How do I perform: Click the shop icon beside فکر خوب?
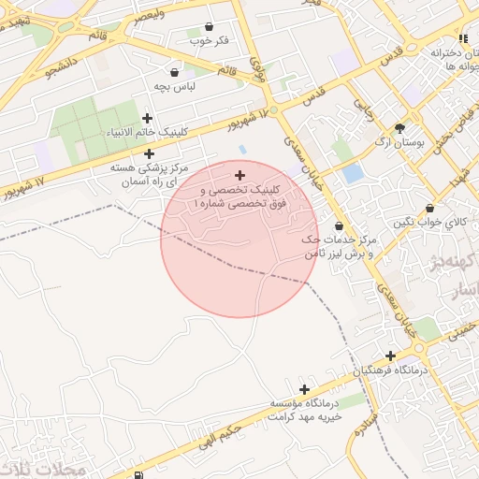coord(208,26)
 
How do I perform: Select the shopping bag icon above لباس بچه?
coord(174,71)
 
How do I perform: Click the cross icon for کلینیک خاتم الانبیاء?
coord(147,118)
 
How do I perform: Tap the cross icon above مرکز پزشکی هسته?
coord(123,152)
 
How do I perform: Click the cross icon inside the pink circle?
coord(239,175)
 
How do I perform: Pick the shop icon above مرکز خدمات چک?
coord(338,226)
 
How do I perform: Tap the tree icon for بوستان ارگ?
coord(400,128)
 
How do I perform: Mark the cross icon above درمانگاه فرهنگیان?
coord(390,356)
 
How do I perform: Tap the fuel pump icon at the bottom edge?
coord(140,475)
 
